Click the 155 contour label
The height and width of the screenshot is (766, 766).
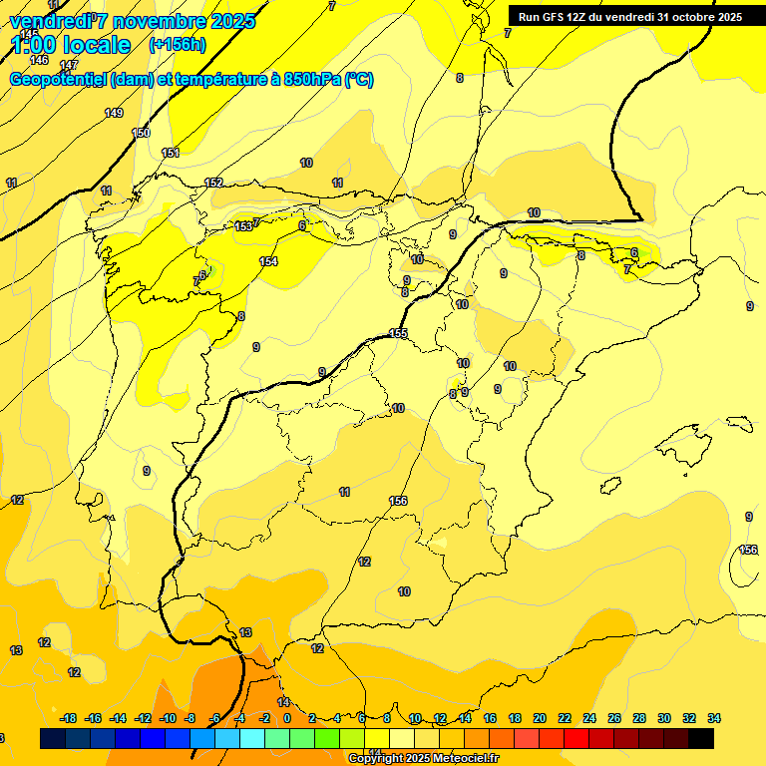coord(398,334)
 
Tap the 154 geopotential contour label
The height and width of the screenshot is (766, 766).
coord(268,261)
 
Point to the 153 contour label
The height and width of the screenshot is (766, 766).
coord(243,226)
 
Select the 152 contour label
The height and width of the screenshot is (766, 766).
coord(213,183)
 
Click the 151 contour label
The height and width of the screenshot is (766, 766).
coord(171,153)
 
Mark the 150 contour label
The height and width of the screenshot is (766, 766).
coord(141,133)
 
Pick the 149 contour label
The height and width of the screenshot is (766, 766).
coord(114,113)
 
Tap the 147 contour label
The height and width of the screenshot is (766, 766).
coord(69,65)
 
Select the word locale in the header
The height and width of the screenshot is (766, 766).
coord(96,45)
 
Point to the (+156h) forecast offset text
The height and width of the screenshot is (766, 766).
coord(178,45)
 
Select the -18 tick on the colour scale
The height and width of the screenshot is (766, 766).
coord(69,718)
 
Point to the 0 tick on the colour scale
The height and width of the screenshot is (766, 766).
coord(287,718)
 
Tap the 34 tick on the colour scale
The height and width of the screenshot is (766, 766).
coord(714,718)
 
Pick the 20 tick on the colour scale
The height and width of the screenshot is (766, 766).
coord(539,718)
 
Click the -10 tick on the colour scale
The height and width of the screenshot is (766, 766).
coord(167,718)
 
